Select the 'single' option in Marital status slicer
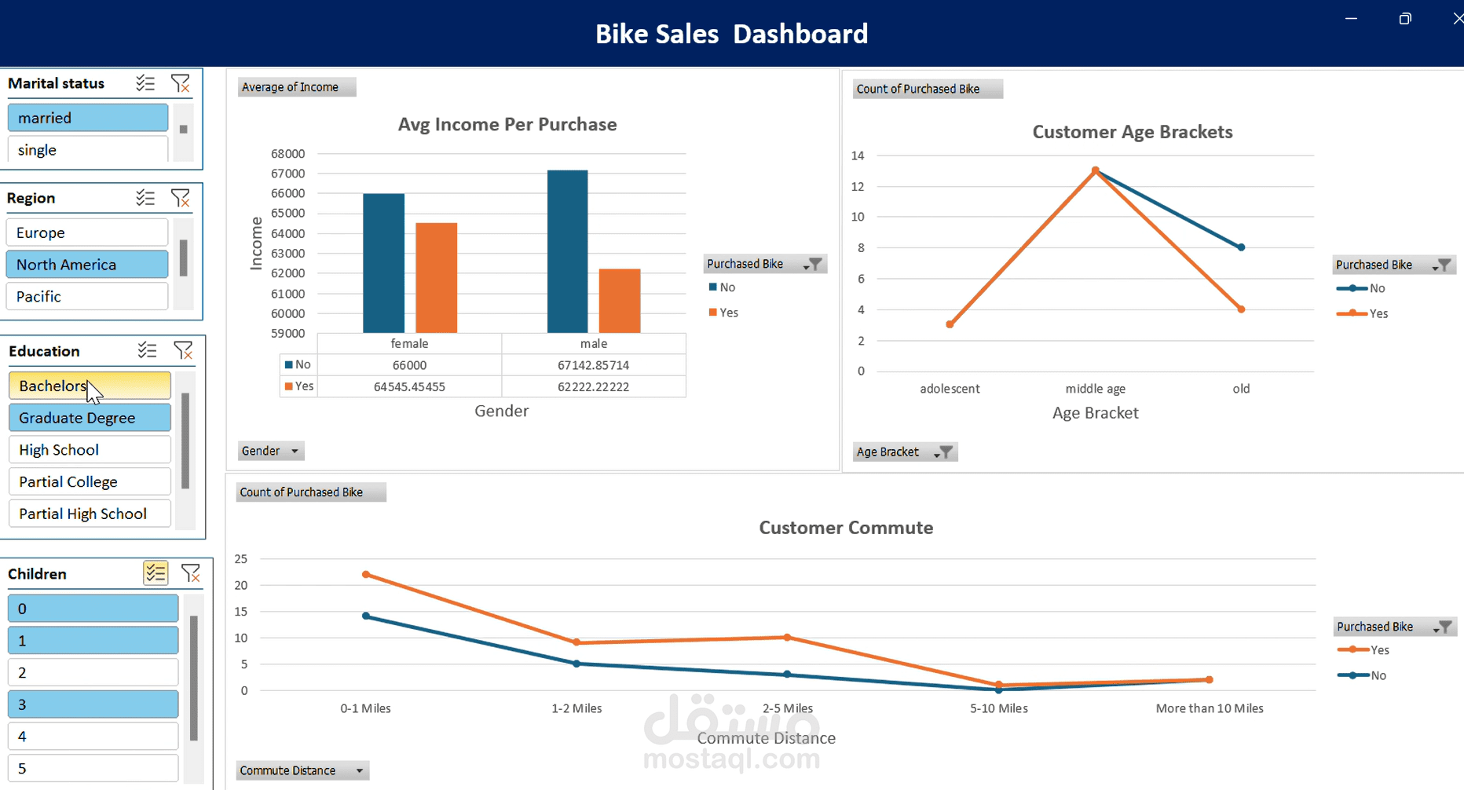[x=87, y=150]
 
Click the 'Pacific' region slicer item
[x=87, y=297]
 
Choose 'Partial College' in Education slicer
[x=90, y=482]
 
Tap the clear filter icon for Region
[x=181, y=198]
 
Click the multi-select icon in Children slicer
[x=156, y=573]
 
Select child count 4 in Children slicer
[x=93, y=737]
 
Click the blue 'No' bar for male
[x=567, y=251]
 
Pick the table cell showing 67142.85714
[x=593, y=365]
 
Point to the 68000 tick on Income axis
[x=287, y=154]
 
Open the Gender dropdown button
[x=271, y=451]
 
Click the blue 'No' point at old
[x=1241, y=247]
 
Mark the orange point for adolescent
[x=950, y=324]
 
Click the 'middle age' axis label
[x=1095, y=389]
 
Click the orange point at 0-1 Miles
[x=366, y=575]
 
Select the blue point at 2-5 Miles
[x=788, y=675]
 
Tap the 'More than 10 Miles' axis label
[x=1209, y=708]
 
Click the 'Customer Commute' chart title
[x=846, y=528]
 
